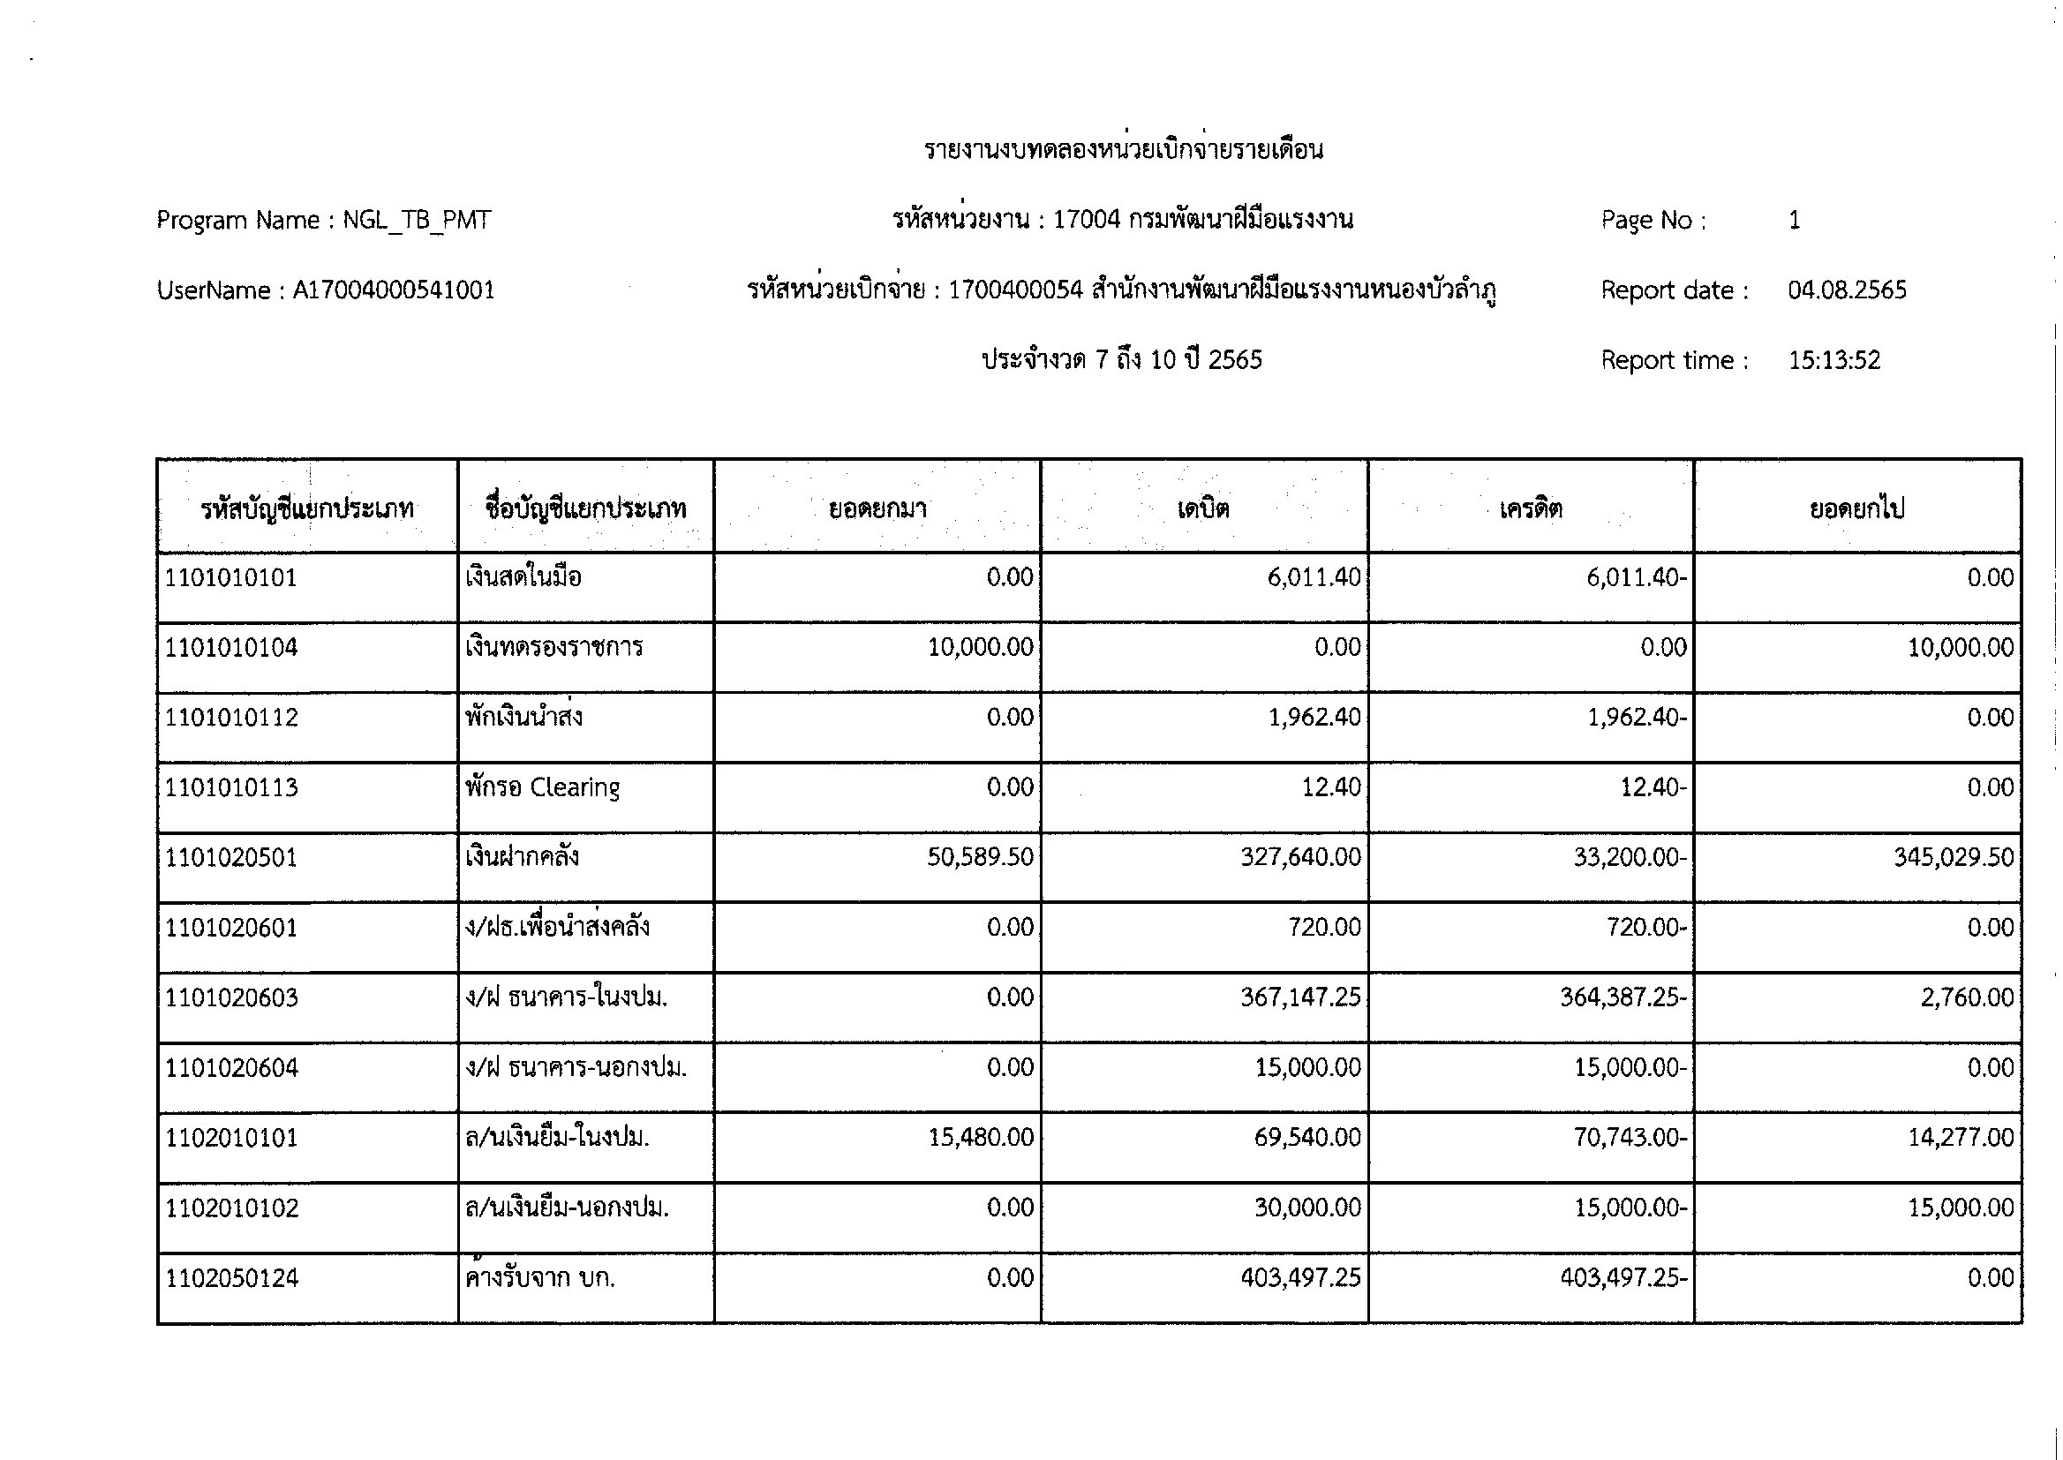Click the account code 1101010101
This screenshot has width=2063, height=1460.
click(x=231, y=577)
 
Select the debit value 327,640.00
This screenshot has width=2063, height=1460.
click(x=1299, y=857)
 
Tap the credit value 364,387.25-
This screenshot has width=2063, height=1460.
click(x=1623, y=997)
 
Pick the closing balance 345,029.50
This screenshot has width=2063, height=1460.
click(x=1954, y=857)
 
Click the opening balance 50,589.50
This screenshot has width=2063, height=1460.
click(x=980, y=857)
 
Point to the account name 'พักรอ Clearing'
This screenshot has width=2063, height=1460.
click(x=542, y=787)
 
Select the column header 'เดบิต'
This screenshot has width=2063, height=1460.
click(x=1204, y=508)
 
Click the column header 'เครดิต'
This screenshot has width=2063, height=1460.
click(x=1530, y=508)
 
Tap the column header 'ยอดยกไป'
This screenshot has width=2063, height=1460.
click(x=1857, y=508)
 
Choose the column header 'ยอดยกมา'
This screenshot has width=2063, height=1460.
click(x=877, y=508)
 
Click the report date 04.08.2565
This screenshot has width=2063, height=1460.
click(x=1847, y=290)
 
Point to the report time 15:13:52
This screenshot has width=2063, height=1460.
click(x=1833, y=360)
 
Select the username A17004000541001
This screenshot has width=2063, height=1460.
click(x=394, y=290)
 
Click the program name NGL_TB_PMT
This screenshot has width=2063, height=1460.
click(x=416, y=221)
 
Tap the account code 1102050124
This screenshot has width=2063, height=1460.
click(x=232, y=1277)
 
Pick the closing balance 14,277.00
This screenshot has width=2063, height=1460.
click(x=1961, y=1137)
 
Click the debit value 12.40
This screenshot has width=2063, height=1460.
click(x=1331, y=787)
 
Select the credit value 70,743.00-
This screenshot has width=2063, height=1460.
click(x=1630, y=1137)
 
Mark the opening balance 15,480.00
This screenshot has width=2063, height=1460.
click(x=980, y=1137)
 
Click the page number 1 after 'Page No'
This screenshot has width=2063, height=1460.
click(x=1795, y=221)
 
